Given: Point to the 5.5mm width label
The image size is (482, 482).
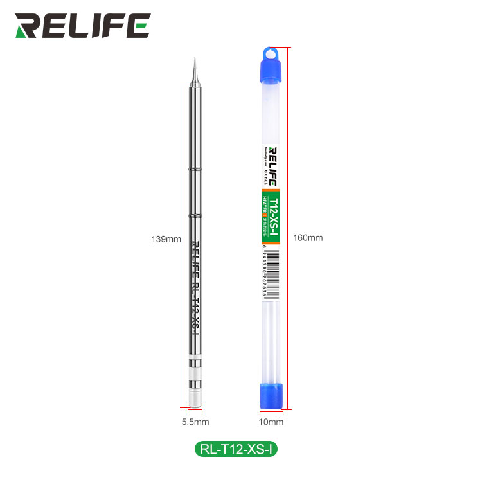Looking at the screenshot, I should [x=195, y=422].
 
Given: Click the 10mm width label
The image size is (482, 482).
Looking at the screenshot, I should [x=271, y=422].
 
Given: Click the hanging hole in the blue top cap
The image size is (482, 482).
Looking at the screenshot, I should [x=271, y=53].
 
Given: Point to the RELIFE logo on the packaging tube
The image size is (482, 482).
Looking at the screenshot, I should [x=272, y=166].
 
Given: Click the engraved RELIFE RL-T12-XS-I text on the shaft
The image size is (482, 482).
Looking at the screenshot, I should [x=195, y=286].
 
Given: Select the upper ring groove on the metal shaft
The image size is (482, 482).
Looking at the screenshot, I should [x=195, y=169].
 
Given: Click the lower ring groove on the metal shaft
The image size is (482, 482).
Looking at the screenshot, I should [x=195, y=216].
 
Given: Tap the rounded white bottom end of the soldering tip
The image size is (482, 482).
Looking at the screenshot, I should [x=195, y=399].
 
